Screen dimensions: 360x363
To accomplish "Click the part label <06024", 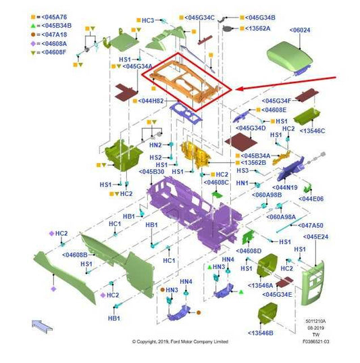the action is tap(300, 30).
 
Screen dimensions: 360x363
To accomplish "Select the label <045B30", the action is tap(151, 172).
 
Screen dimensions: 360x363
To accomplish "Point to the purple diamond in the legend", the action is tap(33, 43).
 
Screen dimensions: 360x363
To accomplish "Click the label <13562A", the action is tap(257, 28).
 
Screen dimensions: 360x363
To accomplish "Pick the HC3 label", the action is tap(148, 20).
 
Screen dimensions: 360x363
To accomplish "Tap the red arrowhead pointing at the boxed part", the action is tap(240, 89).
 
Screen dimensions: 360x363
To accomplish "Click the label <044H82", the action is tap(151, 101).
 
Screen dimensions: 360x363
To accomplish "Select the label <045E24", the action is tap(315, 237).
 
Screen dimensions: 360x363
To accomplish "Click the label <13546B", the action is tap(261, 333).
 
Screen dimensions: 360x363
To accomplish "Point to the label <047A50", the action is tap(311, 226).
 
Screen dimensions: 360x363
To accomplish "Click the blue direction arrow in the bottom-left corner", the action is tap(42, 326).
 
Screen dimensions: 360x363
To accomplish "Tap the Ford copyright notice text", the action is tap(180, 341).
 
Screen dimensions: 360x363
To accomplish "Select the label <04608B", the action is tap(75, 255).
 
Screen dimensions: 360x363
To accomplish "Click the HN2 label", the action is tap(155, 145).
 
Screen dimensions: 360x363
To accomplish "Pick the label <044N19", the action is tap(285, 187).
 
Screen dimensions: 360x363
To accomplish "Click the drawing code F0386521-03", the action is tap(316, 341).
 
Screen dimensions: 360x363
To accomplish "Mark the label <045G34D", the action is tap(251, 128).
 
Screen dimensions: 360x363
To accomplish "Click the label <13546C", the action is tap(312, 131).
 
